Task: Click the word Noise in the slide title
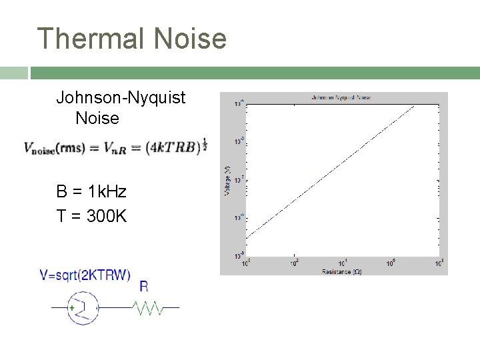point(190,38)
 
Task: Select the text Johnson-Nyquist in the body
point(121,99)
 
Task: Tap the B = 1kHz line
point(91,192)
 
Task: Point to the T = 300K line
point(91,217)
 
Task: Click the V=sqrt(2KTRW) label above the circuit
point(85,275)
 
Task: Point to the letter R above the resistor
point(144,287)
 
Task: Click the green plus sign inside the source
point(72,308)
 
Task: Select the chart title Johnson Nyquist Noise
point(341,97)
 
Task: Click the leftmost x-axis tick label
point(245,263)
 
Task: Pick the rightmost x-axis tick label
point(440,263)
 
